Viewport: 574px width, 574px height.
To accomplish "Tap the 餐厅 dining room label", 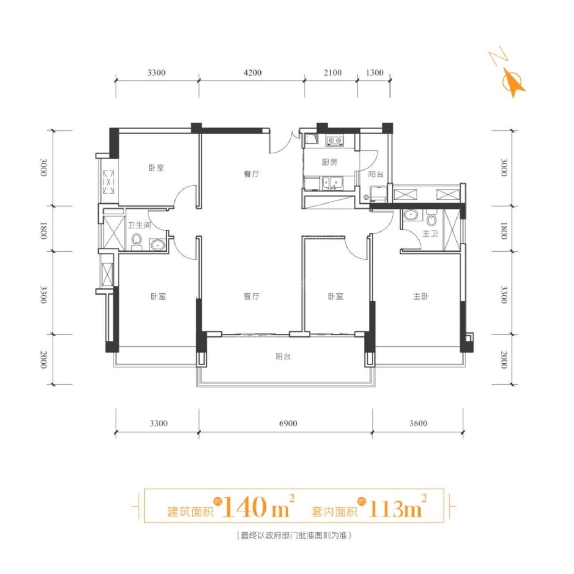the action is [x=252, y=174].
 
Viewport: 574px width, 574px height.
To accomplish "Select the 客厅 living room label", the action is [x=251, y=296].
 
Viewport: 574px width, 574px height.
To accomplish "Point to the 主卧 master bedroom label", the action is [x=421, y=296].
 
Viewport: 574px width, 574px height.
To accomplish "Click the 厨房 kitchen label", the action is [x=330, y=162].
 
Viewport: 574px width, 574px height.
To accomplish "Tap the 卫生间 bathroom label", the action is [x=140, y=225].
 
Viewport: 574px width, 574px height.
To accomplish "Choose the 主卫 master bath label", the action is [x=430, y=234].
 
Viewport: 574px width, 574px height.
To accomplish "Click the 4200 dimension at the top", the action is [x=252, y=73].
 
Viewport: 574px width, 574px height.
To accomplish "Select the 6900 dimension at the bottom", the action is [x=288, y=423].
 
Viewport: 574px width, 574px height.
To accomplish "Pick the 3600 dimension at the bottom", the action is [x=418, y=423].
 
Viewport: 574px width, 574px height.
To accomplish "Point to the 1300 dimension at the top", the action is [x=374, y=73].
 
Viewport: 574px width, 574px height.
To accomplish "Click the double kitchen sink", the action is [x=333, y=183].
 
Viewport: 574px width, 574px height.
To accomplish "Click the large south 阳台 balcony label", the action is [x=282, y=356].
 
